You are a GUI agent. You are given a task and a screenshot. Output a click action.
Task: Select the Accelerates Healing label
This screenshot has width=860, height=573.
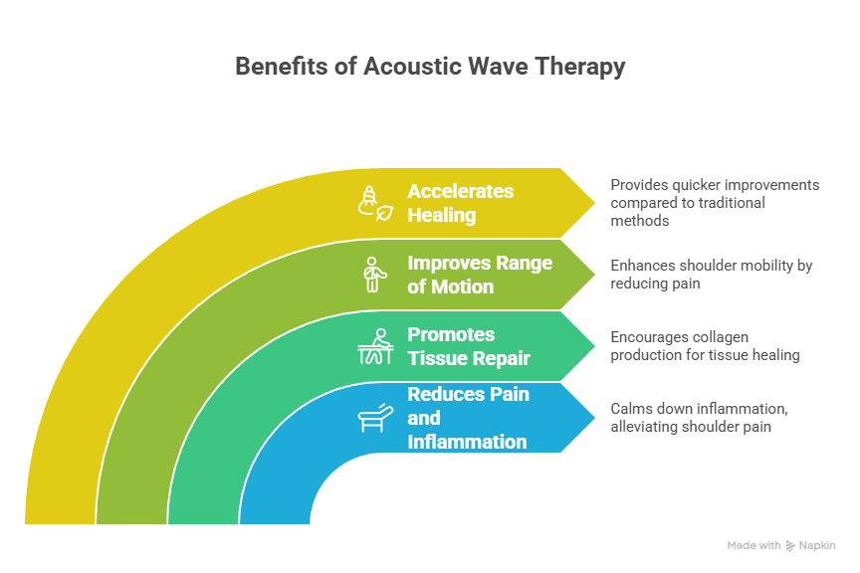tap(460, 203)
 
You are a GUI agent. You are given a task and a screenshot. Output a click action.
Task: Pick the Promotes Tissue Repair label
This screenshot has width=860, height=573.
tap(468, 346)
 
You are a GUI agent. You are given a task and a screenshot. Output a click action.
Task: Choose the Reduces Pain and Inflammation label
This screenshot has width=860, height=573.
tap(468, 418)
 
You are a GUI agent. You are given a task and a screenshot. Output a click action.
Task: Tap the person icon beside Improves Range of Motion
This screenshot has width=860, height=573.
tap(373, 275)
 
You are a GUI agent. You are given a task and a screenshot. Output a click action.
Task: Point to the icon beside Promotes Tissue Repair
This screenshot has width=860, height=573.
tap(374, 346)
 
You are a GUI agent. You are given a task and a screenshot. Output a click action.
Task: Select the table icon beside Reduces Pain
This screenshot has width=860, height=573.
tap(374, 418)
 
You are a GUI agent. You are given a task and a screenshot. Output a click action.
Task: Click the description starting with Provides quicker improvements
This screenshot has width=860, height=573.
tap(714, 203)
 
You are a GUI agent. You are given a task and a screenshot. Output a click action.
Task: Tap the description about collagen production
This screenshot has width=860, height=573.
tap(705, 346)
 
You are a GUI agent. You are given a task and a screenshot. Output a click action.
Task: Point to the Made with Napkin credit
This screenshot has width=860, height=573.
tap(781, 545)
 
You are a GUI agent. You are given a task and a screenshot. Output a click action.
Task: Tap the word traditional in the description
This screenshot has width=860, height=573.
tap(731, 203)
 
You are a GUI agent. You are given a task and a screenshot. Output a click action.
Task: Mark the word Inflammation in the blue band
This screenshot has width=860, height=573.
tap(467, 442)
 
